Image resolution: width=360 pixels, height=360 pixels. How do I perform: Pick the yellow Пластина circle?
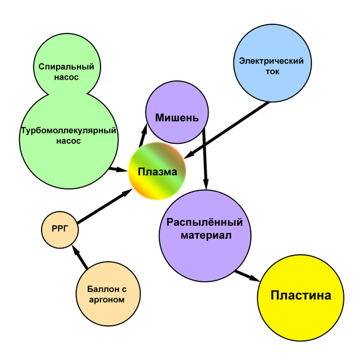pos(301,296)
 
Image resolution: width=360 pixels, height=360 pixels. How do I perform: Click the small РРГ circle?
pos(60,229)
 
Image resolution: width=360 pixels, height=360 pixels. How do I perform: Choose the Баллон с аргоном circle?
pos(108,295)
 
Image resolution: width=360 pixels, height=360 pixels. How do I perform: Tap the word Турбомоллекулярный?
pos(69,131)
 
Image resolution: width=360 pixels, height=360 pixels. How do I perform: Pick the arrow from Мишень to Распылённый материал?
pos(206,159)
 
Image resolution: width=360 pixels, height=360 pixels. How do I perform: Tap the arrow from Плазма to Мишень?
pos(141,137)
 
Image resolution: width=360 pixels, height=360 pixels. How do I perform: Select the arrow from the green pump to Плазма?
pos(118,169)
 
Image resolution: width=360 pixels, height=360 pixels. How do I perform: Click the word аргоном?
pos(108,300)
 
